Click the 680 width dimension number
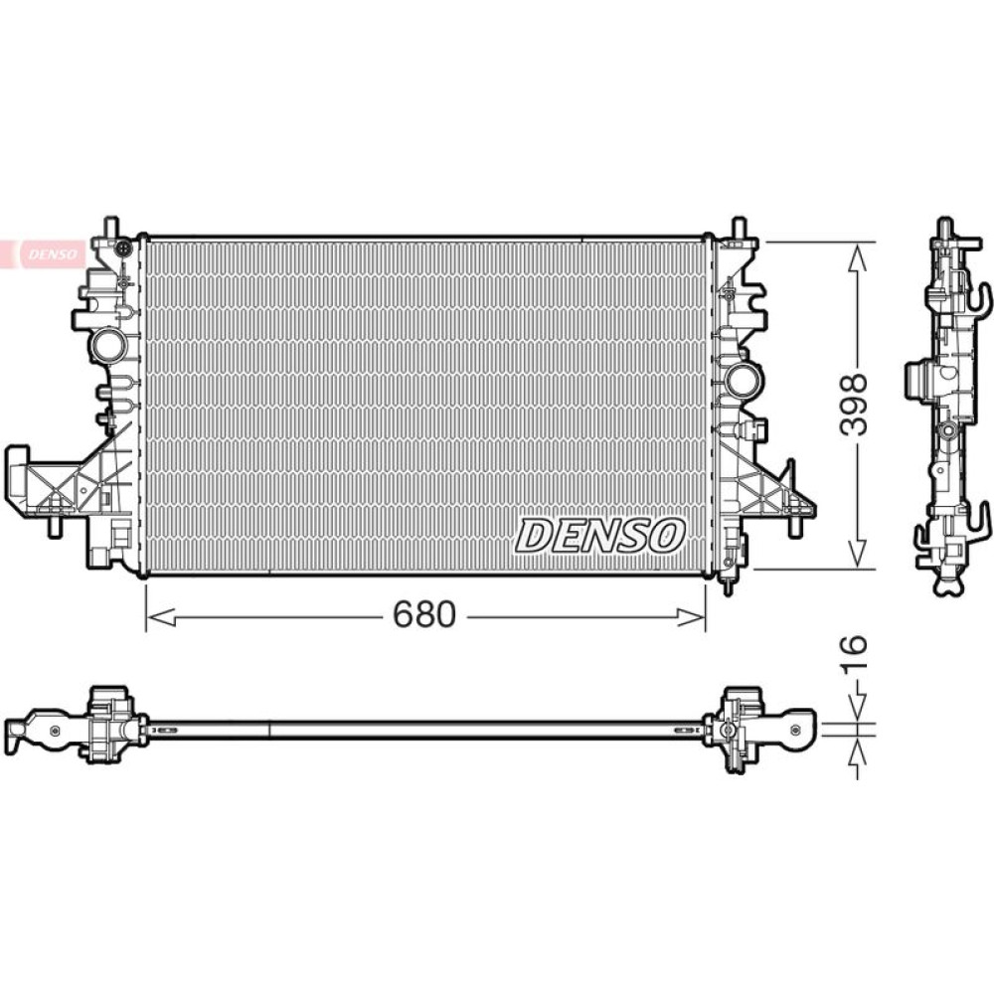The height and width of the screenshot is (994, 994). [424, 614]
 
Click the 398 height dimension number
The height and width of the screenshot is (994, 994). [853, 405]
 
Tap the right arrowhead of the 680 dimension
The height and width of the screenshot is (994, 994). [691, 617]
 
